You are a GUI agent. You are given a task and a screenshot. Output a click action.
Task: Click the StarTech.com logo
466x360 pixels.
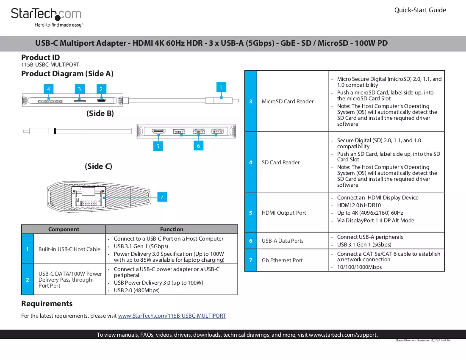(46, 17)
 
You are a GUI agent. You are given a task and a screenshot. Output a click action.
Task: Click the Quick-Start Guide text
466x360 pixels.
(420, 10)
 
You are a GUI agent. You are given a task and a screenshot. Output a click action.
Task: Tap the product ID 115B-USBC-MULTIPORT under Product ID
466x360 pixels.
(50, 64)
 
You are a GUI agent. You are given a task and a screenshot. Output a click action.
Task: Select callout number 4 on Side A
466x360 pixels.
(48, 89)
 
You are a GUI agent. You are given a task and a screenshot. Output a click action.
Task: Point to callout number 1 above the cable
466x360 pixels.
(221, 87)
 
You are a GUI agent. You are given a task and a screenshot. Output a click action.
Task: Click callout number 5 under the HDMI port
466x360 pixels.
(158, 146)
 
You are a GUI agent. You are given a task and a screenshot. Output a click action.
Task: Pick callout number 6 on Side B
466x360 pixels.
(199, 146)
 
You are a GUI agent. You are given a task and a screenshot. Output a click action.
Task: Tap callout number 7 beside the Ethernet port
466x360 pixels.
(162, 197)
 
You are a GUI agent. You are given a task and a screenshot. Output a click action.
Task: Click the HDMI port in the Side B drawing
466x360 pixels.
(158, 131)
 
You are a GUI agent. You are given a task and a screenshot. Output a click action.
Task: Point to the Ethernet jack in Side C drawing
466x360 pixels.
(89, 197)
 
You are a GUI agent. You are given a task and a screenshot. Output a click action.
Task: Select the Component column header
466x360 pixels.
(64, 229)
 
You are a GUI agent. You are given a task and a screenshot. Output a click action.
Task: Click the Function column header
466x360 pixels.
(172, 229)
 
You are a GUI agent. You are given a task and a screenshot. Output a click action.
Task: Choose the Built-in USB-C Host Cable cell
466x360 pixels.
(69, 249)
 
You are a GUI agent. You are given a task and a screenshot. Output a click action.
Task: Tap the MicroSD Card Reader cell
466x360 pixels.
(288, 101)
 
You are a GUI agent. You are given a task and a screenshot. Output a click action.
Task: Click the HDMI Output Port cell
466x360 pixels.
(284, 213)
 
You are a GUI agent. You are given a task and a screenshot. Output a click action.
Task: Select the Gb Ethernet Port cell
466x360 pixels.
(282, 260)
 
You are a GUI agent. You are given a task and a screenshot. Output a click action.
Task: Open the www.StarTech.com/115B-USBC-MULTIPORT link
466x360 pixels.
(172, 316)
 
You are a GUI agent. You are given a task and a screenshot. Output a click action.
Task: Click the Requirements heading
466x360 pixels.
(47, 304)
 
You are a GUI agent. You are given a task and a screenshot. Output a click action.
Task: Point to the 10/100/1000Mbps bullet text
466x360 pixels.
(359, 267)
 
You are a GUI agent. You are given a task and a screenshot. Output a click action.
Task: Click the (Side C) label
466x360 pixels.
(98, 166)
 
